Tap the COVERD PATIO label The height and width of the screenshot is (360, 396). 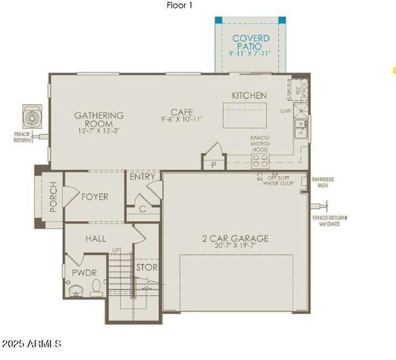pos(251,42)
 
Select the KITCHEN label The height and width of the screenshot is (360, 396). pos(249,95)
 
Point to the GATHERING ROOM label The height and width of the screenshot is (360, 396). pos(99,119)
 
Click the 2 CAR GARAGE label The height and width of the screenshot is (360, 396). pos(235,238)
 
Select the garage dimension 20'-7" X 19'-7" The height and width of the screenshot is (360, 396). pos(235,246)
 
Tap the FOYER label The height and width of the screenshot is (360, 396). pos(95,197)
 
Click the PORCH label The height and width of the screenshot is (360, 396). pos(53,197)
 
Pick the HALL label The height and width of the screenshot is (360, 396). pos(95,238)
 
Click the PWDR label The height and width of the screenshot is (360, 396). pos(85,272)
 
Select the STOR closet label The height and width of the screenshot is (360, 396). pos(146,267)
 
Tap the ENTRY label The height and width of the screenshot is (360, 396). pos(142,176)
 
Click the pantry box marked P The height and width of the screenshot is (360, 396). pos(213,164)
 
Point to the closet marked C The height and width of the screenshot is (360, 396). pos(142,209)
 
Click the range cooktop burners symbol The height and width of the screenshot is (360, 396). pos(260,160)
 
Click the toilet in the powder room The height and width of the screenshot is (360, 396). pos(95,291)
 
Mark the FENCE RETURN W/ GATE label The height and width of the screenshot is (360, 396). pos(329,220)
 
